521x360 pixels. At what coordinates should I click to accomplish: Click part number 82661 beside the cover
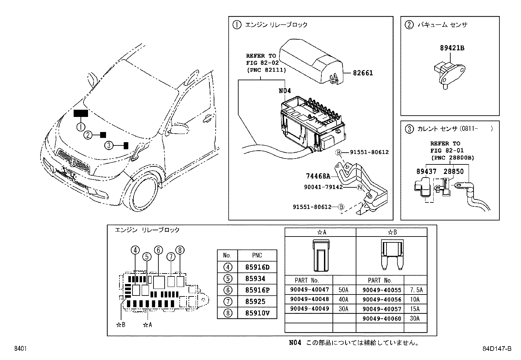tap(363, 73)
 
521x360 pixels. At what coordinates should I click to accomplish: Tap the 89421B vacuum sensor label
tap(452, 48)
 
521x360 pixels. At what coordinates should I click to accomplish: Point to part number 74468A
tap(318, 176)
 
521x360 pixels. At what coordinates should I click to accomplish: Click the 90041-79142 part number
tap(323, 187)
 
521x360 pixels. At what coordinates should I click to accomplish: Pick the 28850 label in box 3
tap(454, 171)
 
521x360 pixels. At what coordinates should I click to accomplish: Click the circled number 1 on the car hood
tap(81, 126)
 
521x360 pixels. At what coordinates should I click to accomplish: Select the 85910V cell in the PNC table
tap(257, 313)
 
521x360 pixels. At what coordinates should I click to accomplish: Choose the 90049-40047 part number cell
tap(309, 290)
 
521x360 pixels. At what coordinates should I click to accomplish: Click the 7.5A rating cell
tap(416, 290)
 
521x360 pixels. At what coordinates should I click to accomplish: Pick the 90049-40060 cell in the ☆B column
tap(382, 318)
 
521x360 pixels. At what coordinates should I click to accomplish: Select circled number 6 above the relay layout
tap(158, 250)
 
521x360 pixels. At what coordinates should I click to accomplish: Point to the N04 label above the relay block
tap(285, 91)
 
